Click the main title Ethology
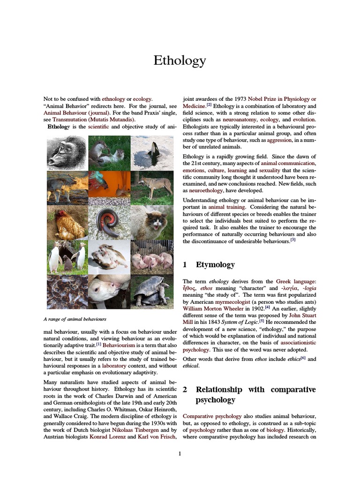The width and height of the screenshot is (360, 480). coord(180,60)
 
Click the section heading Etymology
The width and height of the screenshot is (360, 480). coord(215,265)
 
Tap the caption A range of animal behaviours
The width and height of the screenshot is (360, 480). coord(75,319)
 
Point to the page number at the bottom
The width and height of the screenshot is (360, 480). coord(180,453)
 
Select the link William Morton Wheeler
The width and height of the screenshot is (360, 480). coord(209,309)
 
